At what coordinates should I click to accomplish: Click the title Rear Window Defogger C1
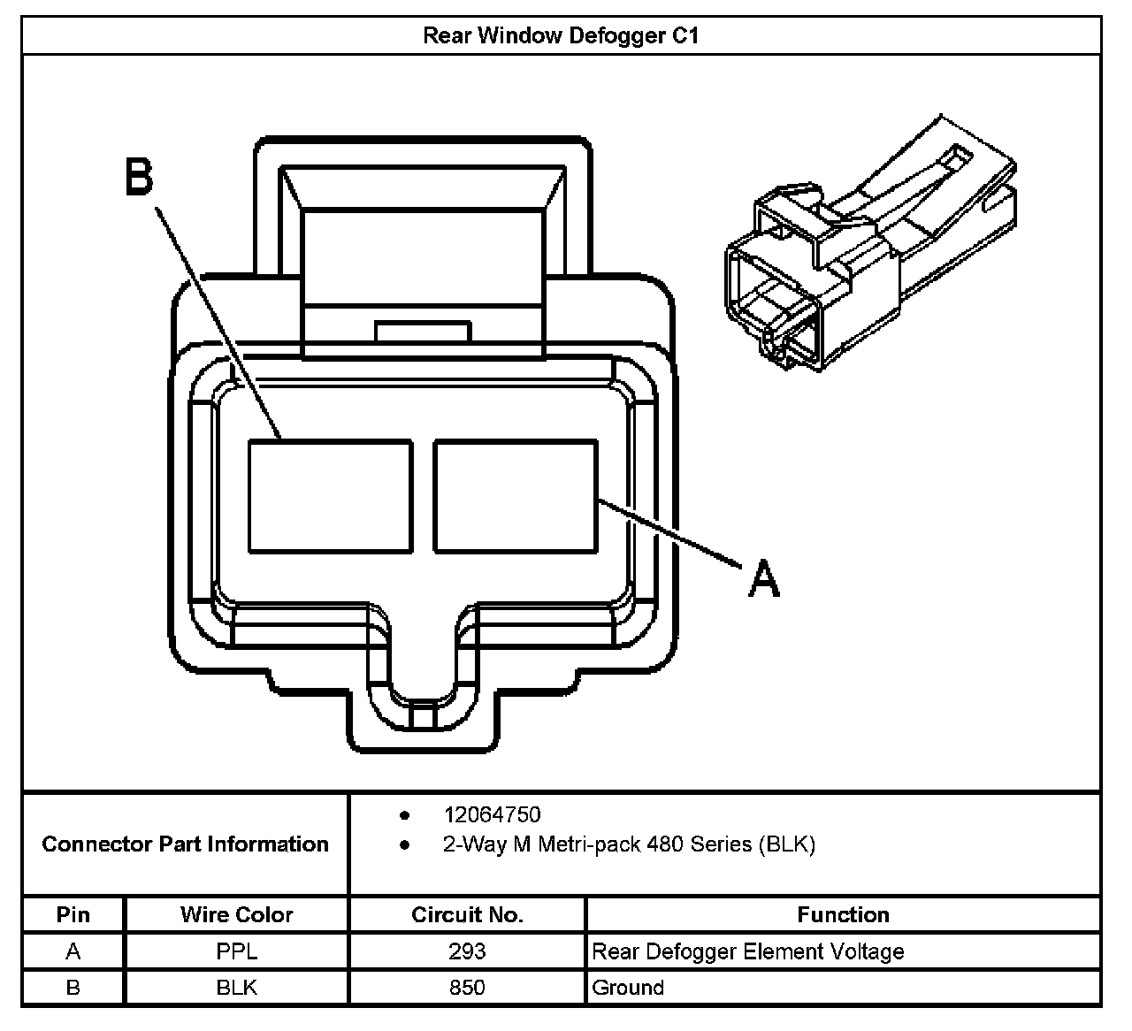(x=561, y=35)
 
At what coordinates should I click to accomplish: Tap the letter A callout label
(x=763, y=579)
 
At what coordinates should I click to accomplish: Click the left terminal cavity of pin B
(x=330, y=496)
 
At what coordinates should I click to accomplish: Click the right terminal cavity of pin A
(x=515, y=496)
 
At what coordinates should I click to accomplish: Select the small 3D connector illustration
(x=869, y=244)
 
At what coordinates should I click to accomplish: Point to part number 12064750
(x=492, y=814)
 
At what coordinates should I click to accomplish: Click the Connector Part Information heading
(x=185, y=844)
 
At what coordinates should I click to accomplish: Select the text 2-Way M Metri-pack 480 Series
(x=628, y=844)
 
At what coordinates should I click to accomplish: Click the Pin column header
(x=73, y=914)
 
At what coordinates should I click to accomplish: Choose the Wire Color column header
(x=236, y=914)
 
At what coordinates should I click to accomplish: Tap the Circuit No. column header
(x=467, y=914)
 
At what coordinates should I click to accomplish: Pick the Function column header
(x=843, y=914)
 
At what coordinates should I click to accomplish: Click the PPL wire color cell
(x=236, y=951)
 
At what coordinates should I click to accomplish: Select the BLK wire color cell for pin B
(x=236, y=987)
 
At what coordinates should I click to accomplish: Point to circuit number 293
(x=467, y=951)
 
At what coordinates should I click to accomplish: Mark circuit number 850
(x=467, y=987)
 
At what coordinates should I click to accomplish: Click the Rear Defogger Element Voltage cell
(x=747, y=951)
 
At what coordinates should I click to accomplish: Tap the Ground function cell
(x=627, y=987)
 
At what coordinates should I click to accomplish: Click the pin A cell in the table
(x=73, y=951)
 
